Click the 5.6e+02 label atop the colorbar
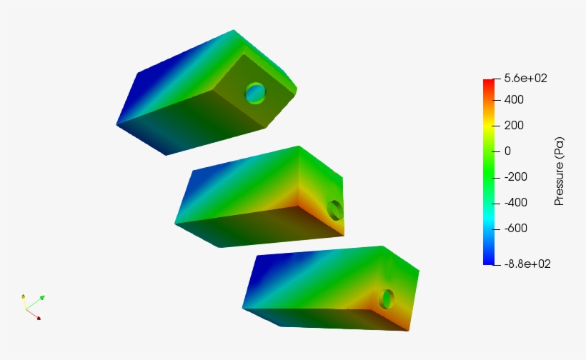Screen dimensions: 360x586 (525, 79)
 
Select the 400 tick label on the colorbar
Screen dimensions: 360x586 (514, 100)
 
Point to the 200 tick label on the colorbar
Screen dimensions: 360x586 (514, 126)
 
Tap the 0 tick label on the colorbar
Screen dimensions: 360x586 (507, 151)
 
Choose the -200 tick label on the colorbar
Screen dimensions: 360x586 (515, 177)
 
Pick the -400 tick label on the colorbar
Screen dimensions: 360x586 (515, 203)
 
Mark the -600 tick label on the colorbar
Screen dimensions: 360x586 (515, 229)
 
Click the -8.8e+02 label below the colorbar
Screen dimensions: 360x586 (527, 264)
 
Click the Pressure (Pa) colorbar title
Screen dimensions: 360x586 (560, 171)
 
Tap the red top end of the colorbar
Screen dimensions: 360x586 (488, 83)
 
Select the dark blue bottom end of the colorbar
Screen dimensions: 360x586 (488, 260)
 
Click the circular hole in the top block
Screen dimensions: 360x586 (255, 92)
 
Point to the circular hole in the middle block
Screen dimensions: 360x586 (334, 210)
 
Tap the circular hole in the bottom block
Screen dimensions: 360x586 (387, 299)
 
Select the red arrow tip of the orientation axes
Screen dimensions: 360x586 (38, 318)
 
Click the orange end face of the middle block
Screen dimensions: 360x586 (325, 204)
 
